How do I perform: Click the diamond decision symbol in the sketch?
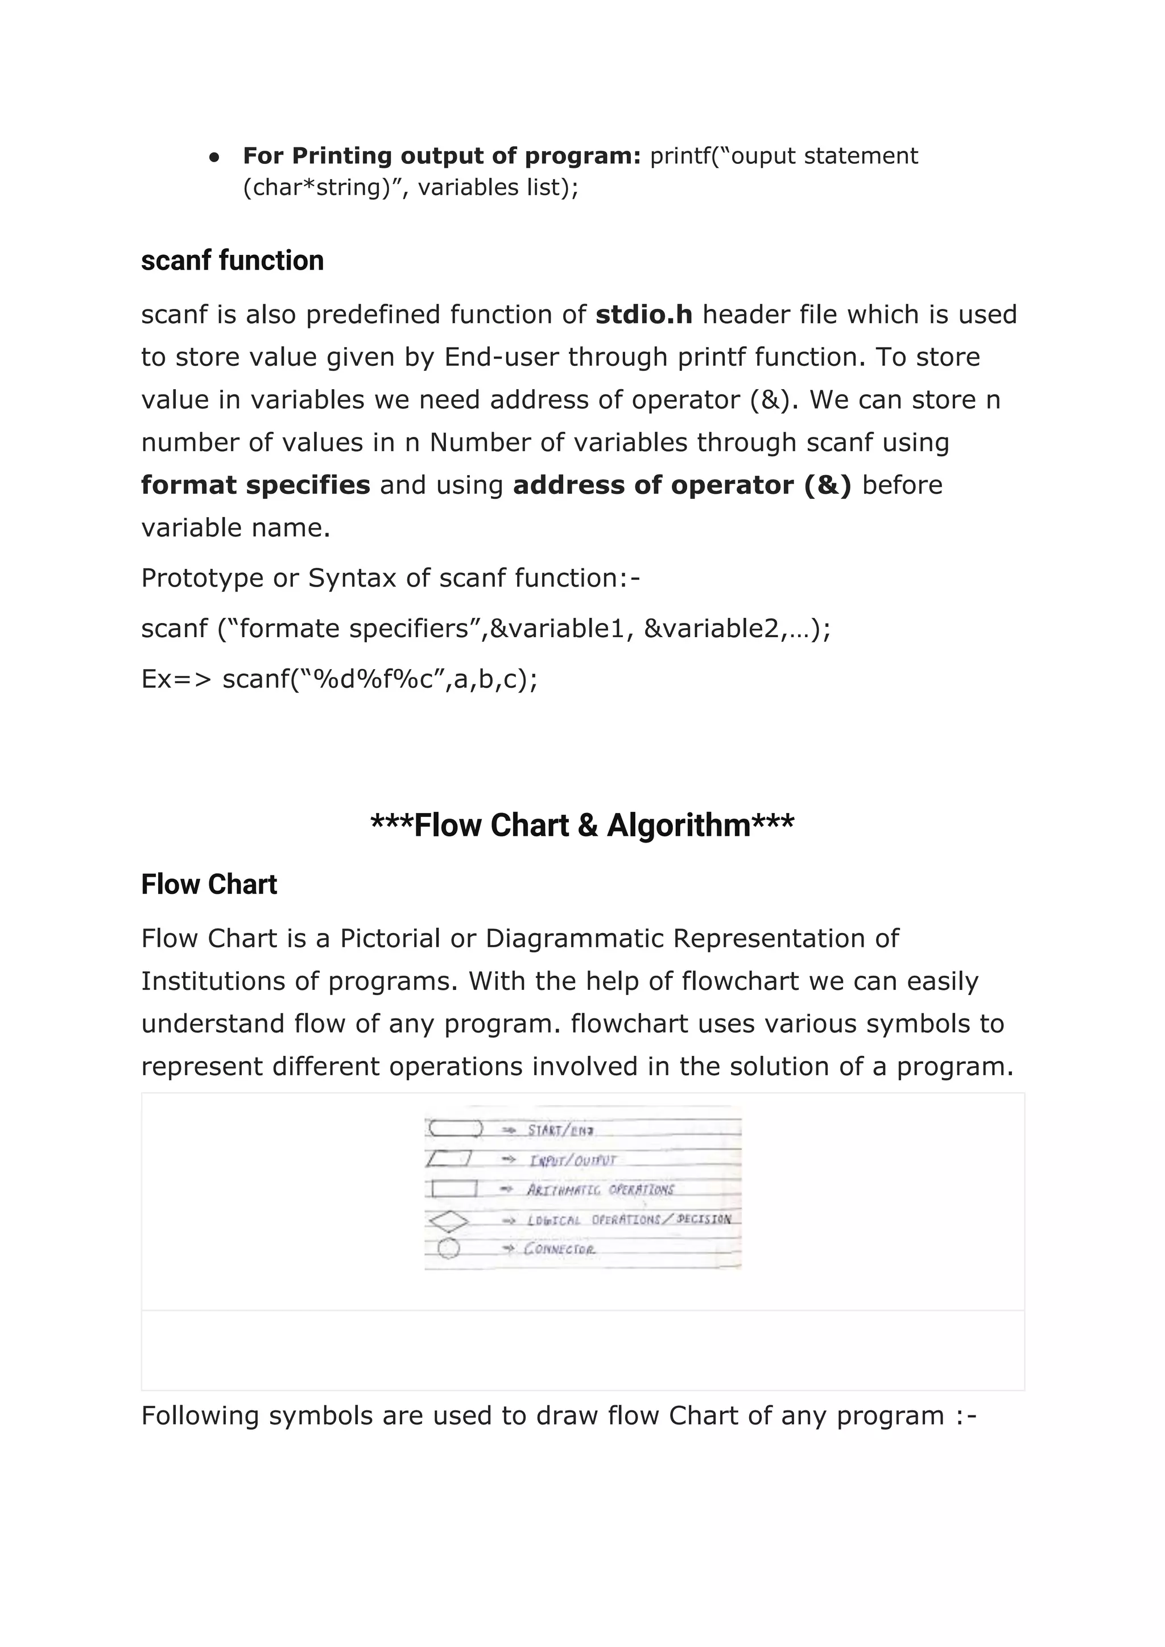pyautogui.click(x=448, y=1220)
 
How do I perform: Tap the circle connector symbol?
pyautogui.click(x=448, y=1249)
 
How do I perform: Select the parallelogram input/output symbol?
pyautogui.click(x=448, y=1158)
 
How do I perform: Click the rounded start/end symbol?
pyautogui.click(x=456, y=1129)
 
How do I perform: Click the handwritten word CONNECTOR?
pyautogui.click(x=560, y=1249)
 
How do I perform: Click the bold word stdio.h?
pyautogui.click(x=643, y=315)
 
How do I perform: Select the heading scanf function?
pyautogui.click(x=233, y=261)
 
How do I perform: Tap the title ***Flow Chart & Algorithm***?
pyautogui.click(x=582, y=825)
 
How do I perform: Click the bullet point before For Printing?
pyautogui.click(x=214, y=157)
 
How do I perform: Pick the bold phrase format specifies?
pyautogui.click(x=255, y=486)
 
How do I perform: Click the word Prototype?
pyautogui.click(x=203, y=578)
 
